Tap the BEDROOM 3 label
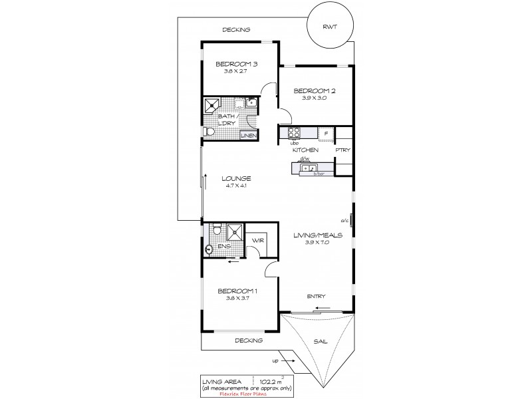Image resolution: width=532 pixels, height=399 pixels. coord(236,64)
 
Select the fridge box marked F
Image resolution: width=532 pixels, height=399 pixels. coord(326,133)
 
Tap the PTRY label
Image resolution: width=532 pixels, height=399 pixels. coord(342,150)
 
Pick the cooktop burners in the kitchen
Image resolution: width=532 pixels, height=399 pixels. coord(293,132)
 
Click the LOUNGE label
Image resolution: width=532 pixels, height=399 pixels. coord(237,178)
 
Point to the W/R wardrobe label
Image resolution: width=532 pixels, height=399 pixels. coord(257,241)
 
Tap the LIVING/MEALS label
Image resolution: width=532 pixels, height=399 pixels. coord(316,235)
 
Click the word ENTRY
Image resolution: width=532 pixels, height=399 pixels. coord(316,297)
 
